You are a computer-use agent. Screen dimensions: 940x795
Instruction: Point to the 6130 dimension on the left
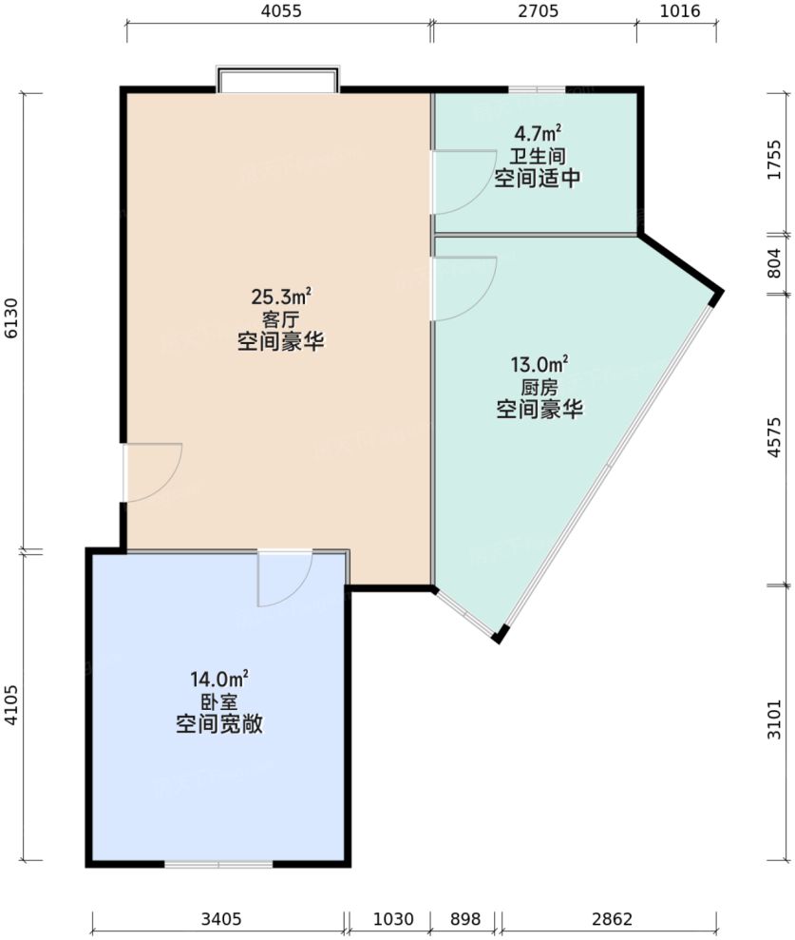coord(11,322)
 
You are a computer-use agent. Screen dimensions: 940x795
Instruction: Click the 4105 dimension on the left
coord(11,706)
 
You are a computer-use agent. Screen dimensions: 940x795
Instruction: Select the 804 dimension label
coord(774,262)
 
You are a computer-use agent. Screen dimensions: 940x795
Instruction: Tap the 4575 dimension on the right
coord(774,438)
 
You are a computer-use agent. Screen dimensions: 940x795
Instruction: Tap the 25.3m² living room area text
coord(281,297)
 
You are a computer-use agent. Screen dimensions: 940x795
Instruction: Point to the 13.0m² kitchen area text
coord(539,365)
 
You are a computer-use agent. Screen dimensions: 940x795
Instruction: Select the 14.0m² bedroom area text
coord(219,679)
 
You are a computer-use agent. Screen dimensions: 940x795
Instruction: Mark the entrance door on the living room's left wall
coord(152,472)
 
